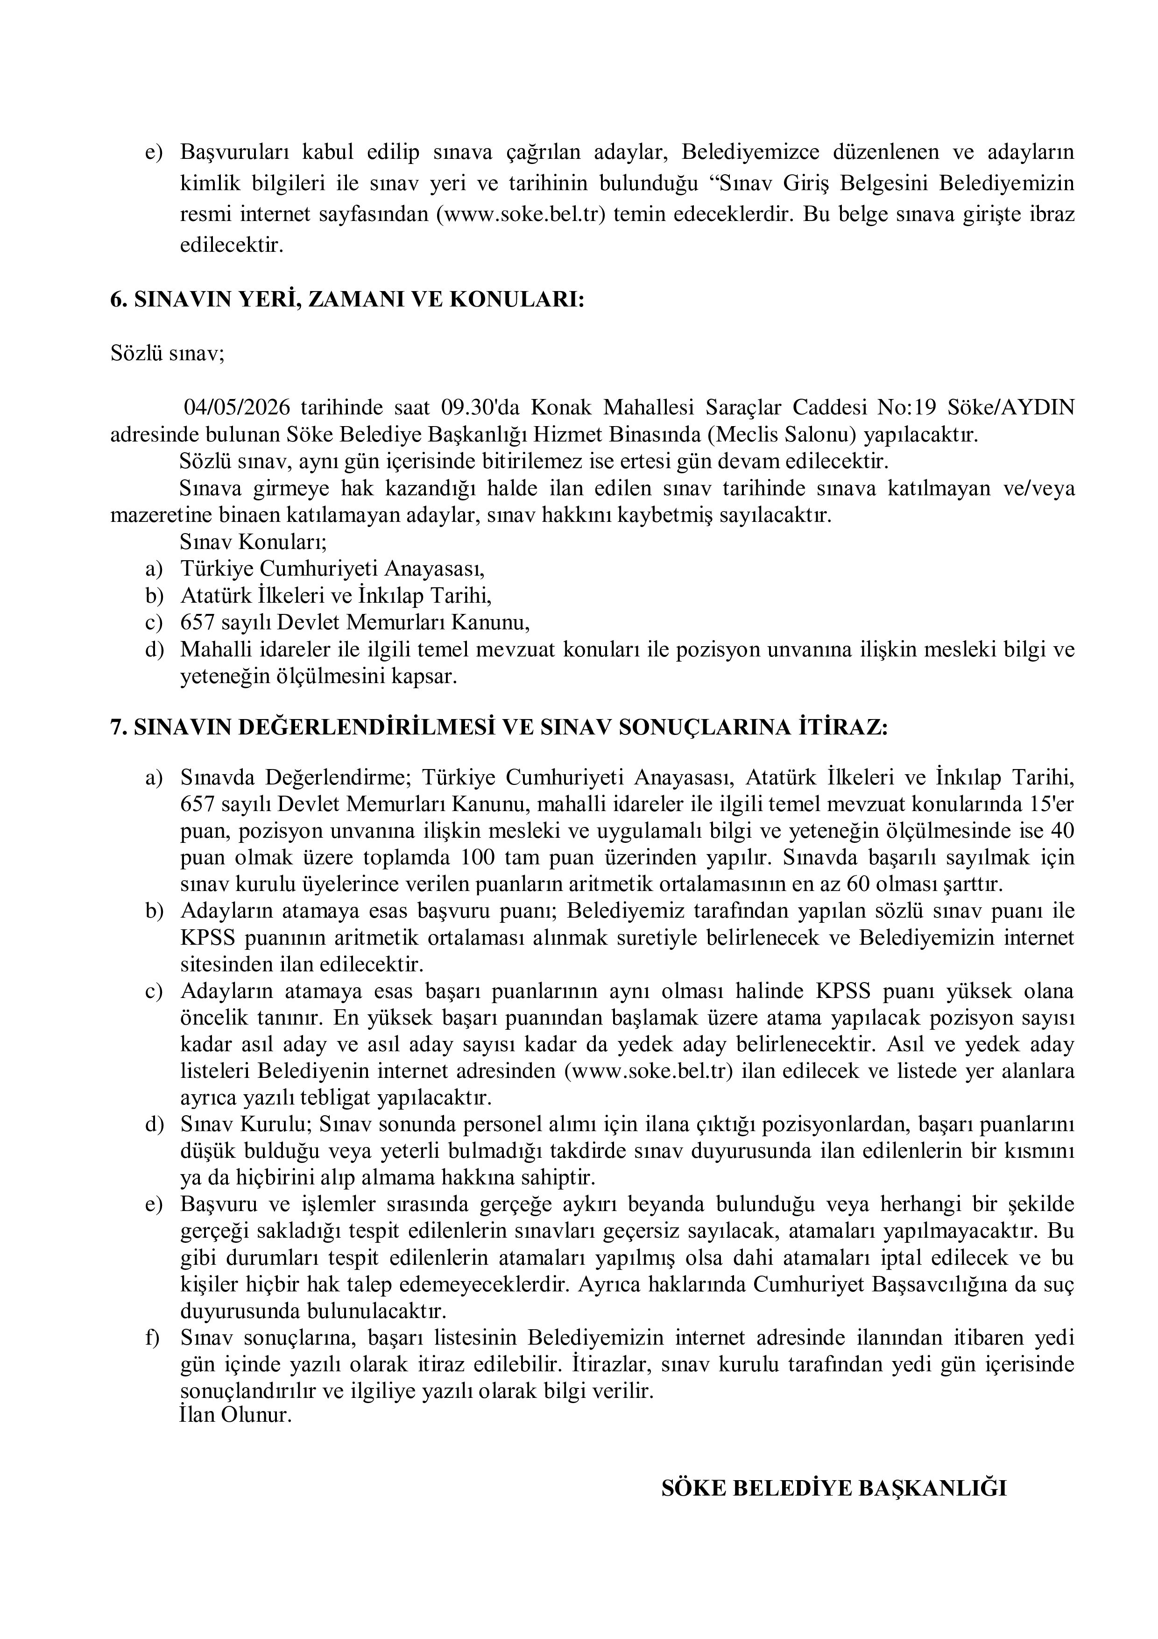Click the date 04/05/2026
[236, 407]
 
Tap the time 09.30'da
[482, 407]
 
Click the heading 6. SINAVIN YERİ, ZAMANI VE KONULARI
[347, 300]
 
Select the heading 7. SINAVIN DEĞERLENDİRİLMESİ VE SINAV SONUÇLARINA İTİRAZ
[499, 727]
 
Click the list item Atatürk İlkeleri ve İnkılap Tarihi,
[336, 595]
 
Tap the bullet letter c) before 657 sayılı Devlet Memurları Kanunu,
[154, 622]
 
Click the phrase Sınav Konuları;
[253, 542]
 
